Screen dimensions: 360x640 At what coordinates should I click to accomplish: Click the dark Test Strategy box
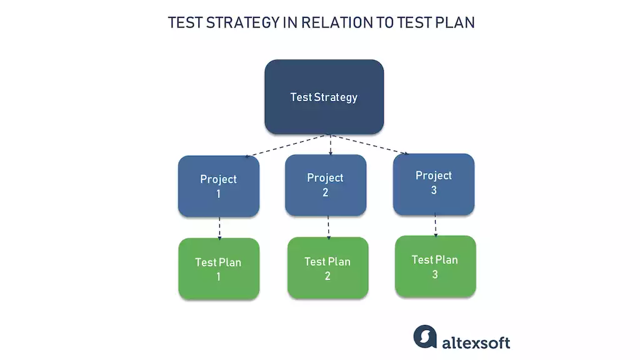(x=324, y=97)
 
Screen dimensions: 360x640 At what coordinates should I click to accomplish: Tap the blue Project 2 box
(x=325, y=185)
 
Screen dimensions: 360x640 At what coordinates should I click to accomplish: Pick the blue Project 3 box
(x=433, y=183)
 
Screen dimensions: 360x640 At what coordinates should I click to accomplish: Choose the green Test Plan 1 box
(x=218, y=268)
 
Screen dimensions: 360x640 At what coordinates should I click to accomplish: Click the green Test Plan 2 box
(x=327, y=267)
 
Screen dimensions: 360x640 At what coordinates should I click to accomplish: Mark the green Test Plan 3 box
(x=435, y=266)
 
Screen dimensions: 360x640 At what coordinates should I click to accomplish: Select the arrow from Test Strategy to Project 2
(x=329, y=144)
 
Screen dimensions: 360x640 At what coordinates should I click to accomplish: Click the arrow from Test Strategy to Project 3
(x=369, y=144)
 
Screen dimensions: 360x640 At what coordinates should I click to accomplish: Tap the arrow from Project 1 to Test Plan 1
(x=219, y=227)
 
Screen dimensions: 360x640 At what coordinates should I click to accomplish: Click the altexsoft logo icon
(x=425, y=336)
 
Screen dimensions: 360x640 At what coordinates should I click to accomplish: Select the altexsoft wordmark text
(x=476, y=342)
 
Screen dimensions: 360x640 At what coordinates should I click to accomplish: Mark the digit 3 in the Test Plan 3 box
(x=435, y=274)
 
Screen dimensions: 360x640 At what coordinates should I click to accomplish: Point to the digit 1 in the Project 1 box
(x=218, y=194)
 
